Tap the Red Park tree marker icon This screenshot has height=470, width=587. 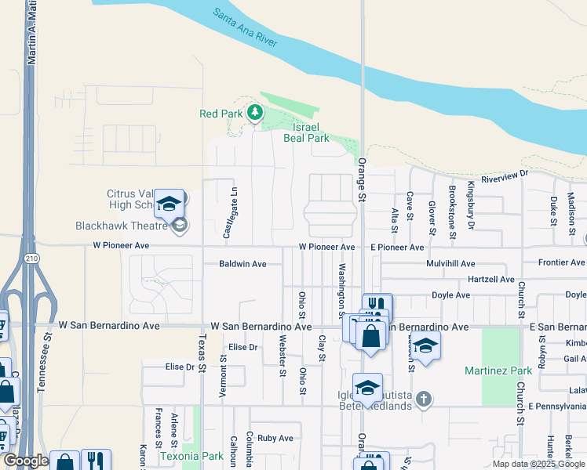(x=254, y=114)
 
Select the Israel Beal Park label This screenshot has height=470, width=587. (x=310, y=132)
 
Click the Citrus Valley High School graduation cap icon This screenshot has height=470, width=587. (x=169, y=204)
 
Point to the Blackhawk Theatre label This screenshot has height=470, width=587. (x=122, y=226)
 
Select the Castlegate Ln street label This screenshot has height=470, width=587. (x=229, y=214)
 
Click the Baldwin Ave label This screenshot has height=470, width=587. (x=242, y=264)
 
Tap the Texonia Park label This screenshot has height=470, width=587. (x=191, y=455)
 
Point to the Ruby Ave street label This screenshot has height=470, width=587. (x=275, y=439)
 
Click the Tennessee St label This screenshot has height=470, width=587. (x=47, y=356)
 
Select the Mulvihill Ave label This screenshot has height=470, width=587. (x=450, y=264)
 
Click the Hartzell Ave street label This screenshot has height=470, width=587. (x=490, y=280)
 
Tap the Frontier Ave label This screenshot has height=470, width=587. (x=561, y=263)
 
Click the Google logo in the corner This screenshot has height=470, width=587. (x=25, y=461)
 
